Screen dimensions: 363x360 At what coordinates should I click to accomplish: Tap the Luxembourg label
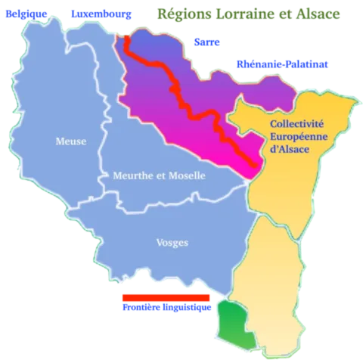tap(100, 14)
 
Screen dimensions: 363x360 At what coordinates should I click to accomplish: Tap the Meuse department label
tap(71, 141)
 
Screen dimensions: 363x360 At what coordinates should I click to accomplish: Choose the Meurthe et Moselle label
tap(159, 175)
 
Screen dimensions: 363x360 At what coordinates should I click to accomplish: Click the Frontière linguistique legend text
tap(165, 309)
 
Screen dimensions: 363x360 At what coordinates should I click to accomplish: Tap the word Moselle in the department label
tap(187, 175)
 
